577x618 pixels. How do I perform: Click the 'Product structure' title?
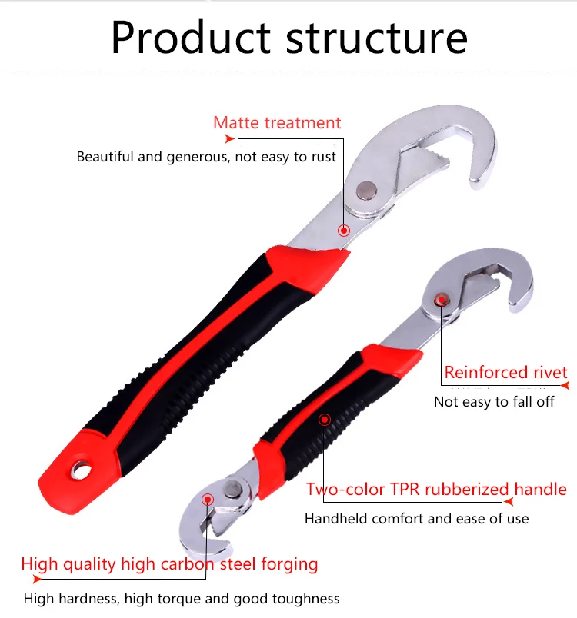[x=288, y=36]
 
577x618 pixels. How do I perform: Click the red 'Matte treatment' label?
[x=277, y=123]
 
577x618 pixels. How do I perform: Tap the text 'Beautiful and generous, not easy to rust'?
[x=206, y=157]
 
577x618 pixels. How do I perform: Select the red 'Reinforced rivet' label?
[x=505, y=373]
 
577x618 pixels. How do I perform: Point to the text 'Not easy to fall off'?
[x=494, y=402]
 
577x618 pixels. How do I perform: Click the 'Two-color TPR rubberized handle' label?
[x=436, y=490]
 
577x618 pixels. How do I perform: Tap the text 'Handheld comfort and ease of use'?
[x=416, y=519]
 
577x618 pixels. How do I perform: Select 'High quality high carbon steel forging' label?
[x=169, y=564]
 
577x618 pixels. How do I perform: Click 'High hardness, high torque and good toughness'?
[x=182, y=598]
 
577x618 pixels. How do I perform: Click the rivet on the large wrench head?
[x=367, y=188]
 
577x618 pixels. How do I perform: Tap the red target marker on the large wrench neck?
[x=343, y=229]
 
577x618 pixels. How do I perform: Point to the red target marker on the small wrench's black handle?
[x=325, y=420]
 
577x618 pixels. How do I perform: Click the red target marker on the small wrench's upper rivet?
[x=441, y=299]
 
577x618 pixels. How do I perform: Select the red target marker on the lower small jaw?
[x=208, y=499]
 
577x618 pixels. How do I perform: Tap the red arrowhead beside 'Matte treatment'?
[x=229, y=139]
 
